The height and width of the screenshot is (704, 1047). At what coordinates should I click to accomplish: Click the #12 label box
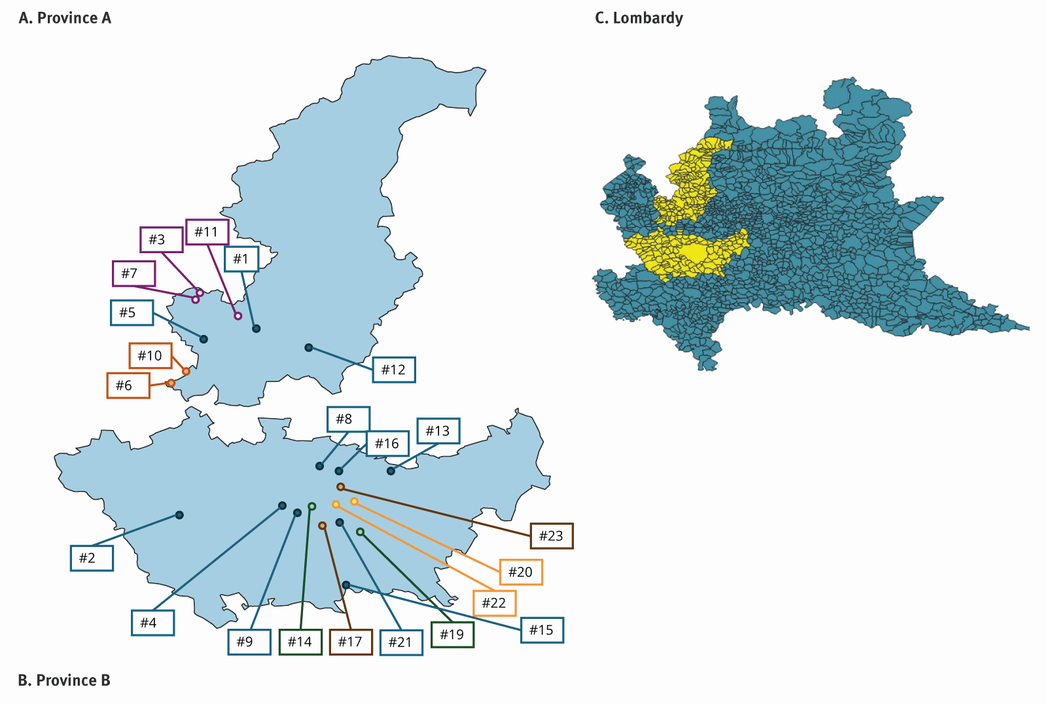pos(393,370)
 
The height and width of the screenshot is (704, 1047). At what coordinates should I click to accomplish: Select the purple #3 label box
pos(161,239)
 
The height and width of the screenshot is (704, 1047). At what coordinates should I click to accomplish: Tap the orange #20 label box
pos(520,572)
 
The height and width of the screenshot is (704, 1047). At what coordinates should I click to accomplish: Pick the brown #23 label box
pos(551,536)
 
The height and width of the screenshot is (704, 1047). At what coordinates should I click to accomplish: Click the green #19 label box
pos(452,634)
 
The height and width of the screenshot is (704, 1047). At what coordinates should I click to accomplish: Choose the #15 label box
pos(541,630)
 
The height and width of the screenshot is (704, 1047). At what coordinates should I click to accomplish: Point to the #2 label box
pos(92,558)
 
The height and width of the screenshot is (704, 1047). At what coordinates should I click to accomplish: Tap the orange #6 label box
pos(128,385)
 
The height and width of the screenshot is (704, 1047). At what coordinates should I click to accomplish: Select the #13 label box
pos(438,431)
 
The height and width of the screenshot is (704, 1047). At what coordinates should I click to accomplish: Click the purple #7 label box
pos(133,273)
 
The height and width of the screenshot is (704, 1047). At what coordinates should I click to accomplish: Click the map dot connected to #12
pos(309,347)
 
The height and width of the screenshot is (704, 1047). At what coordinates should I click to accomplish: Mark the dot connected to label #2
pos(179,515)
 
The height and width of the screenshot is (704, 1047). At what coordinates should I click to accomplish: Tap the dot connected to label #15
pos(346,584)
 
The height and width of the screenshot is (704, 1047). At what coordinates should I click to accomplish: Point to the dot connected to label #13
pos(391,471)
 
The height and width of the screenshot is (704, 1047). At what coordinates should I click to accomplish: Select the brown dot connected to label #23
pos(340,487)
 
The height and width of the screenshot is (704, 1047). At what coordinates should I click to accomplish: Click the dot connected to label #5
pos(204,339)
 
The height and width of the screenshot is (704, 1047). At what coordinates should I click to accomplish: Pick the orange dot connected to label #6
pos(171,383)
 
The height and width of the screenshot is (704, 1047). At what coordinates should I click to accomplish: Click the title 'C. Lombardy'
pos(639,18)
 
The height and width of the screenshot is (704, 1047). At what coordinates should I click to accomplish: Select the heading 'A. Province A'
pos(65,18)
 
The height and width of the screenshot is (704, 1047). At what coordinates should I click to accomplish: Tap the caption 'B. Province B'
pos(64,680)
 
